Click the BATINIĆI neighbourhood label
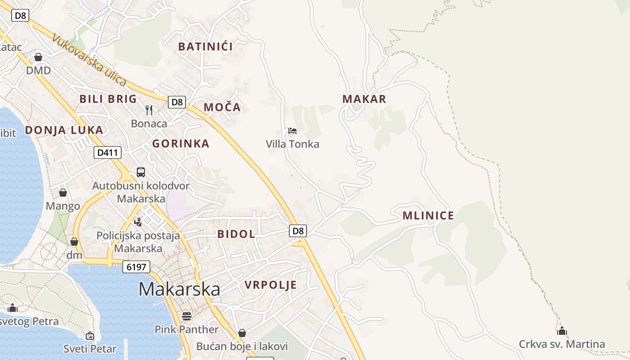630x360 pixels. pos(206,46)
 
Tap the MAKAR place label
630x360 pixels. pos(364,99)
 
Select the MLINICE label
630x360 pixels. pos(428,216)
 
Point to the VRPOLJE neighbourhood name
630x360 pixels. pos(270,284)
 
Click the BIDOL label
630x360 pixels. pos(236,234)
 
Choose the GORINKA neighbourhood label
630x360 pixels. pos(180,144)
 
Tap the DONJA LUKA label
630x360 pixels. pos(64,130)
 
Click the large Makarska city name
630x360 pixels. pos(179,289)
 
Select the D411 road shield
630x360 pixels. pos(108,153)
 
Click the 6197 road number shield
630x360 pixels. pos(136,267)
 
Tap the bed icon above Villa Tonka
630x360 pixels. pos(292,131)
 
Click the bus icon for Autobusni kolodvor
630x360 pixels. pos(141,172)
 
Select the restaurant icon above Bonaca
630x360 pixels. pos(149,110)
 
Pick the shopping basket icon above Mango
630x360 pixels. pos(63,193)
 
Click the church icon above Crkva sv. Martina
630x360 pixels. pos(562,331)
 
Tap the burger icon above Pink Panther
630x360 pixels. pos(187,316)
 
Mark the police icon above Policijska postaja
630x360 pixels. pos(138,221)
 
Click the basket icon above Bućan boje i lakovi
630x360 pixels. pos(242,333)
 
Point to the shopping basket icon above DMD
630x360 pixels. pos(38,57)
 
